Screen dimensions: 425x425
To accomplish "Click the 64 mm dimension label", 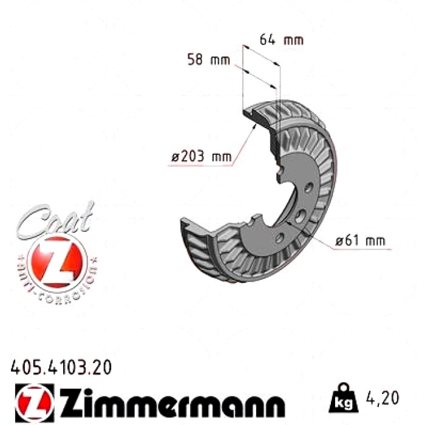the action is pyautogui.click(x=281, y=40).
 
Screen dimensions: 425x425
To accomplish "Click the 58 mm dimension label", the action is pyautogui.click(x=209, y=59).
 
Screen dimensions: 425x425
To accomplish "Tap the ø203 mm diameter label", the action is pyautogui.click(x=202, y=156).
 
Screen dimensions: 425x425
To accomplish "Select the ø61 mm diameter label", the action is pyautogui.click(x=360, y=240).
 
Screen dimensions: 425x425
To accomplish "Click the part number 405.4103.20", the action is pyautogui.click(x=61, y=367).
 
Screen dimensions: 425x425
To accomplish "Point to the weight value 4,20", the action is pyautogui.click(x=382, y=398).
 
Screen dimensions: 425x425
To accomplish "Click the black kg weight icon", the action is pyautogui.click(x=343, y=398).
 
